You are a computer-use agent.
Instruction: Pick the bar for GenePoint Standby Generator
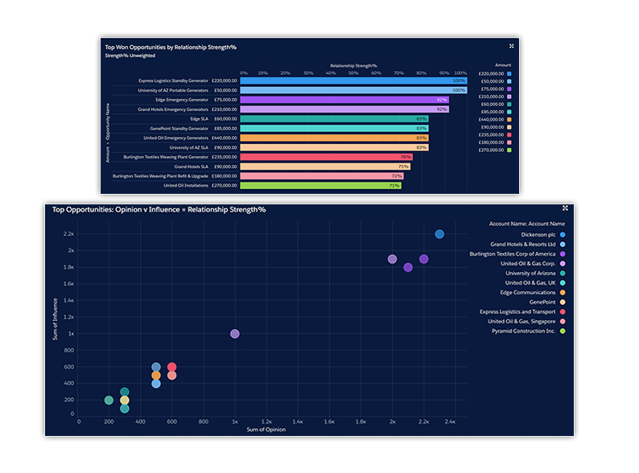point(333,128)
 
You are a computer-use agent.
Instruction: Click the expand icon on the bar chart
point(511,46)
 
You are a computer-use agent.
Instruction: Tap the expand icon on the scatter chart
point(565,208)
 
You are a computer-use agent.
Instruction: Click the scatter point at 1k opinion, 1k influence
point(235,334)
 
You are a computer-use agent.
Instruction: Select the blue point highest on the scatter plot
point(439,234)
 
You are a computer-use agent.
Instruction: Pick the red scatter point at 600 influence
point(171,367)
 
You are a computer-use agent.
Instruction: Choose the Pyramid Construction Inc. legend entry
point(524,331)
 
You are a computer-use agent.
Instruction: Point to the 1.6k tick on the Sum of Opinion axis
point(329,421)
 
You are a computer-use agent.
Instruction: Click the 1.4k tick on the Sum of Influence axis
point(68,300)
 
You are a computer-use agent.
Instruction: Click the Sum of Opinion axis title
point(263,430)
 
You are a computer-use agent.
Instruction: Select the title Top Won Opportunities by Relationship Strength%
point(171,47)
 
